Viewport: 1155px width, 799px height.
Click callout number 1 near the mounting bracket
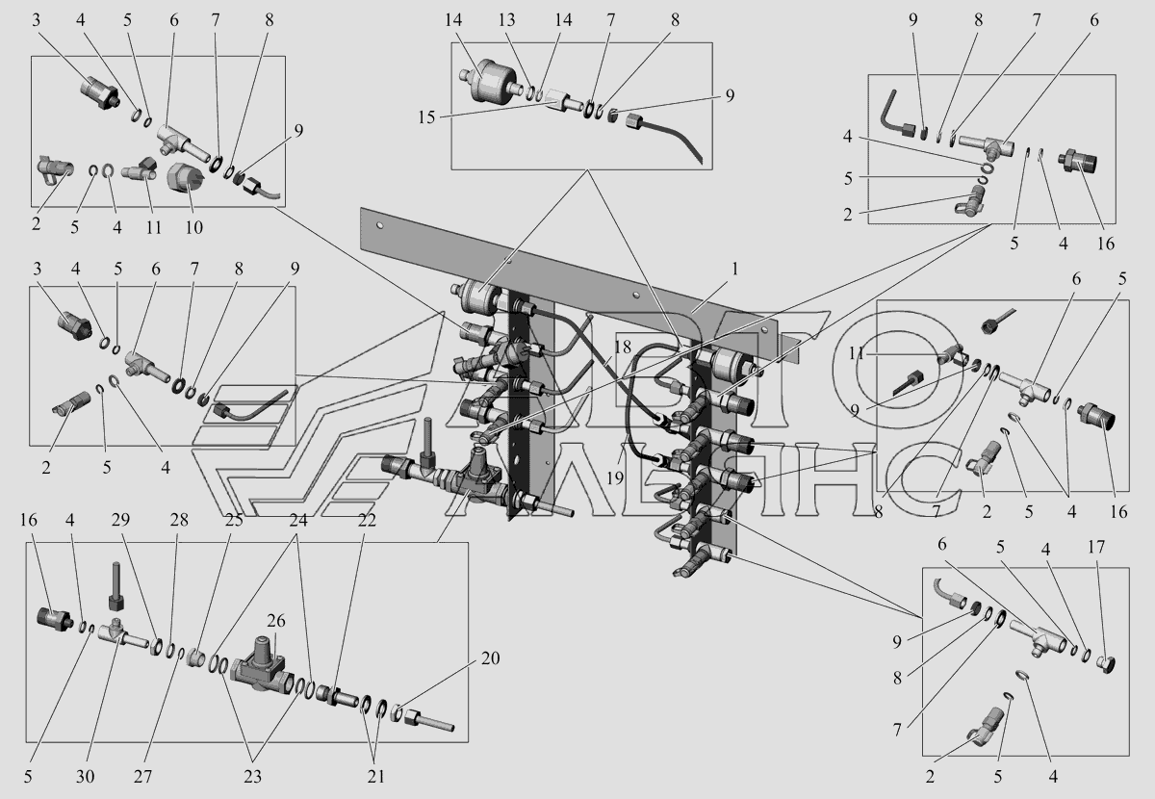click(733, 271)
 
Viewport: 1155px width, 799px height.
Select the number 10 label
click(195, 227)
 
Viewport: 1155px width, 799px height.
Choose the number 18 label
click(622, 348)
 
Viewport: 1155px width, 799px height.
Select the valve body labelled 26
click(260, 666)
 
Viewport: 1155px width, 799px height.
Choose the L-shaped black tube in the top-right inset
click(895, 114)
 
